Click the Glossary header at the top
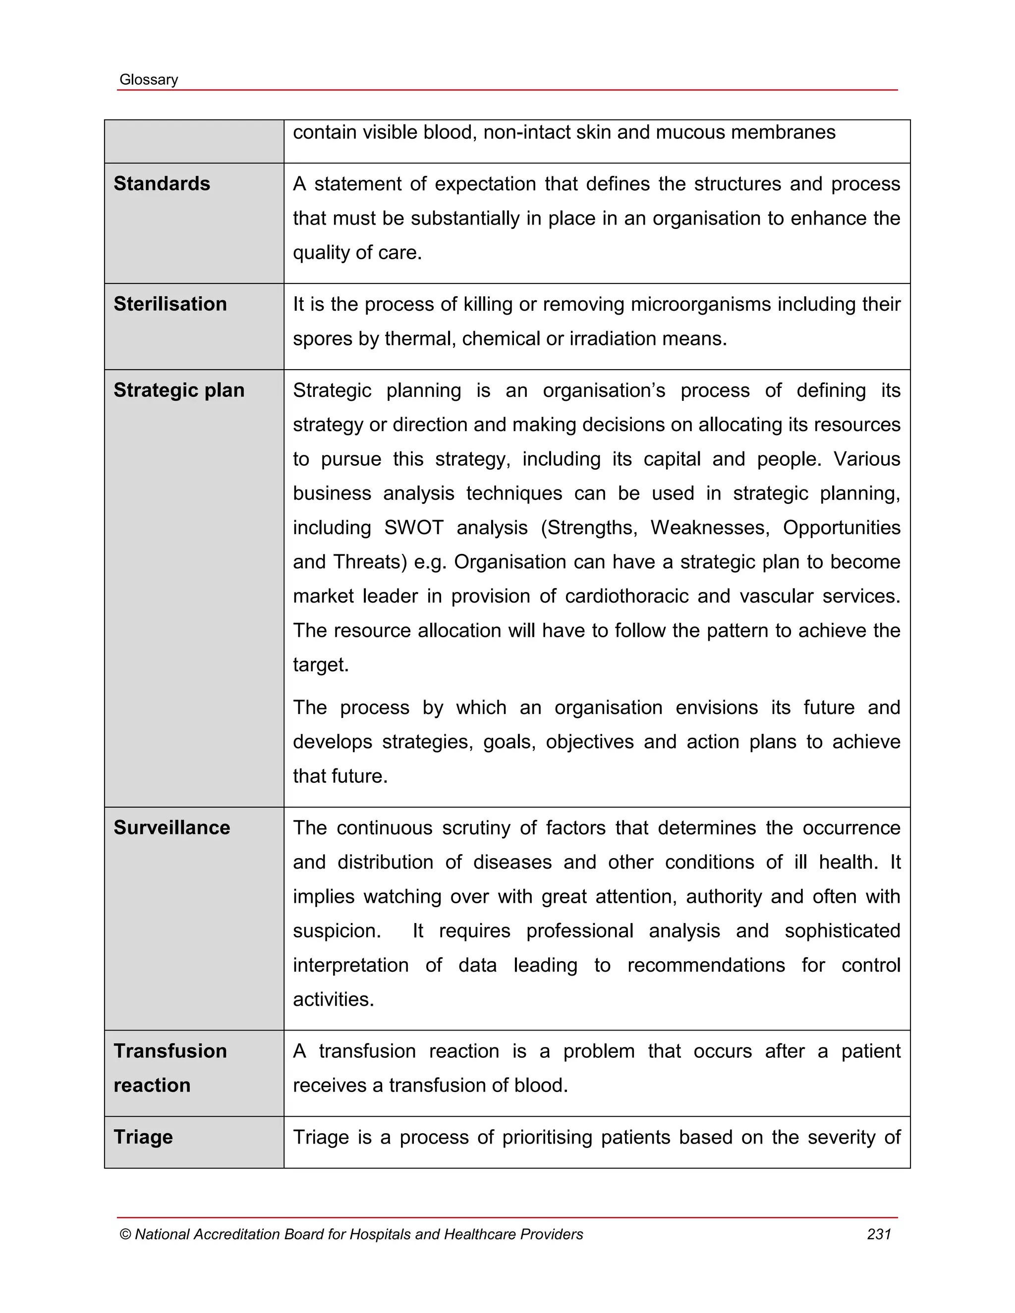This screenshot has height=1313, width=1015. tap(149, 79)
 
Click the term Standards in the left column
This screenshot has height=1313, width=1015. tap(162, 183)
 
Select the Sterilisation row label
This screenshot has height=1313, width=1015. tap(170, 304)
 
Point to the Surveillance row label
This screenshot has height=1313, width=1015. tap(171, 827)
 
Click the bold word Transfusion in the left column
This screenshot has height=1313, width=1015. tap(170, 1051)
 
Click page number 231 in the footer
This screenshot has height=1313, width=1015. tap(879, 1234)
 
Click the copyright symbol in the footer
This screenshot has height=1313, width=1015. tap(125, 1234)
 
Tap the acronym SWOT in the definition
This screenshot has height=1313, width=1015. tap(414, 527)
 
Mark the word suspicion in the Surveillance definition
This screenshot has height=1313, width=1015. tap(336, 930)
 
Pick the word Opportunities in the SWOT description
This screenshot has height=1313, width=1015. tap(841, 527)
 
